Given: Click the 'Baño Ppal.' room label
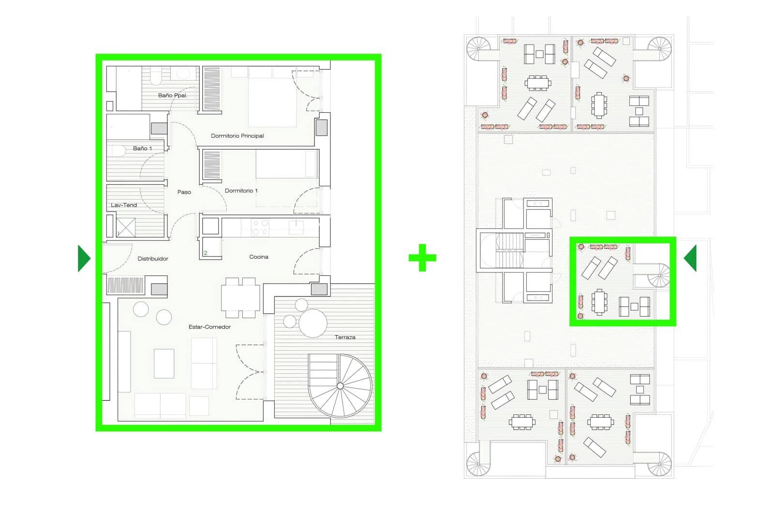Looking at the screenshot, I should (x=172, y=95).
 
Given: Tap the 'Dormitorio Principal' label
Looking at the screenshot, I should (x=237, y=136).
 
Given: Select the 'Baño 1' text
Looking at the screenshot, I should (x=142, y=148).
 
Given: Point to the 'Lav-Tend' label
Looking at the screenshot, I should (x=124, y=205).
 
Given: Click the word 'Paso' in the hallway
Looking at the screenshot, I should (x=184, y=192).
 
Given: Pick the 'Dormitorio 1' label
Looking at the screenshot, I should (x=241, y=190).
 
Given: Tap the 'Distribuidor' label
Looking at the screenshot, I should (x=153, y=258).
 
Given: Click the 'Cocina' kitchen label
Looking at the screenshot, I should (x=258, y=257).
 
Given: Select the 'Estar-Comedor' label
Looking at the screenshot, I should (x=209, y=327).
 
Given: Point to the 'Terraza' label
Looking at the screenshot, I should (x=345, y=337).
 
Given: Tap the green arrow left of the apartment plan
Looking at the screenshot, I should (x=84, y=258).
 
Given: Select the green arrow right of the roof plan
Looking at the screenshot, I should (x=690, y=258).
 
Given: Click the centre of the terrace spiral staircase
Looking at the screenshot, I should (x=340, y=386).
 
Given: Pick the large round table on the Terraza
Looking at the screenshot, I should (x=313, y=323).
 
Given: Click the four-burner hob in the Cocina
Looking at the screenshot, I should (x=260, y=228).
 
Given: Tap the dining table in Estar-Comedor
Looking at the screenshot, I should (x=240, y=298).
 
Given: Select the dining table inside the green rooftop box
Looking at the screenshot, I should (x=599, y=302).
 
